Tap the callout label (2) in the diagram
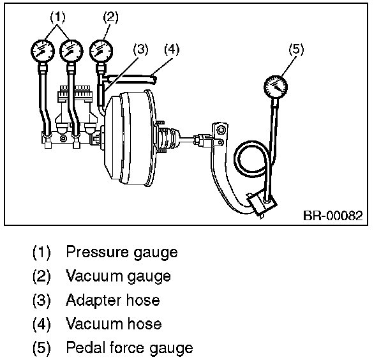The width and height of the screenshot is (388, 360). coord(110,17)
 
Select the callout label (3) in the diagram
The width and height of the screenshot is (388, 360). coord(141,49)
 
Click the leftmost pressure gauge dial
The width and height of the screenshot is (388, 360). coord(42,50)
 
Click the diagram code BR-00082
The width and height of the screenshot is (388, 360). coord(332,216)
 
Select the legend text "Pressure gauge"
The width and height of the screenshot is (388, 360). coord(121,252)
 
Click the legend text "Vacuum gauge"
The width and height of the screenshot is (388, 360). coord(118,276)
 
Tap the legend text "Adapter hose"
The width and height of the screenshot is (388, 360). coord(112,300)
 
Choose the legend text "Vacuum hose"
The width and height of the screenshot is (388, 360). coord(114,324)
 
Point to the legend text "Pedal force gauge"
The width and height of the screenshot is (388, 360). coord(129,348)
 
